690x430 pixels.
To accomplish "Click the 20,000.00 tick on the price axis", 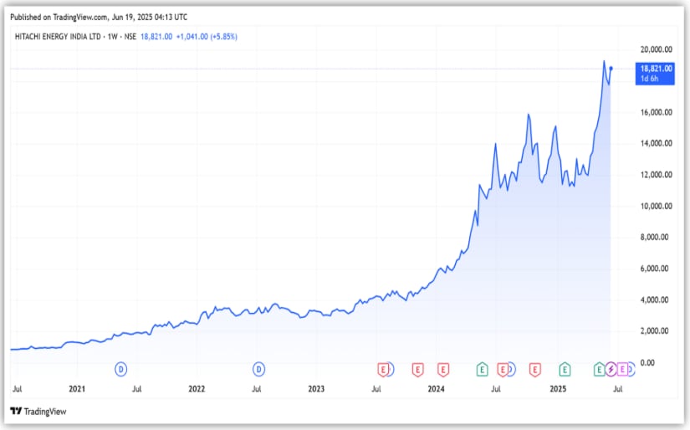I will [x=656, y=49].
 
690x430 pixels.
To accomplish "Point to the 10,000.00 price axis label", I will [x=656, y=206].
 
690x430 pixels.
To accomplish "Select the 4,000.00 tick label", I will [x=657, y=299].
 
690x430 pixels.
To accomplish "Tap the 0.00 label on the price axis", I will [x=647, y=362].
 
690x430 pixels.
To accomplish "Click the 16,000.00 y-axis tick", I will [x=656, y=112].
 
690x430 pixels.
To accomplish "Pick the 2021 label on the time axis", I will [x=77, y=388].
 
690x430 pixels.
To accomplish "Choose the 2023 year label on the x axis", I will [x=316, y=388].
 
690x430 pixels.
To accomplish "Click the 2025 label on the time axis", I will [x=557, y=388].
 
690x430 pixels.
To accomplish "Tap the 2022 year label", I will [x=197, y=388].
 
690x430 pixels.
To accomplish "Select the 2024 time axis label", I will [x=436, y=388].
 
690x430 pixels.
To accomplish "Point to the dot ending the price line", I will [x=611, y=69].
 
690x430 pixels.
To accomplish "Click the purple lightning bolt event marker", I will [x=611, y=368].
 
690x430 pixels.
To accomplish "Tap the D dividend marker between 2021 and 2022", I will [x=121, y=368].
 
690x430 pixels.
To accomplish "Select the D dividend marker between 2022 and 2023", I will [x=259, y=368].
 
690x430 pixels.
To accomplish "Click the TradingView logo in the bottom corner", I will [x=38, y=412].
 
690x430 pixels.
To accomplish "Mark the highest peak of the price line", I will [x=604, y=61].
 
